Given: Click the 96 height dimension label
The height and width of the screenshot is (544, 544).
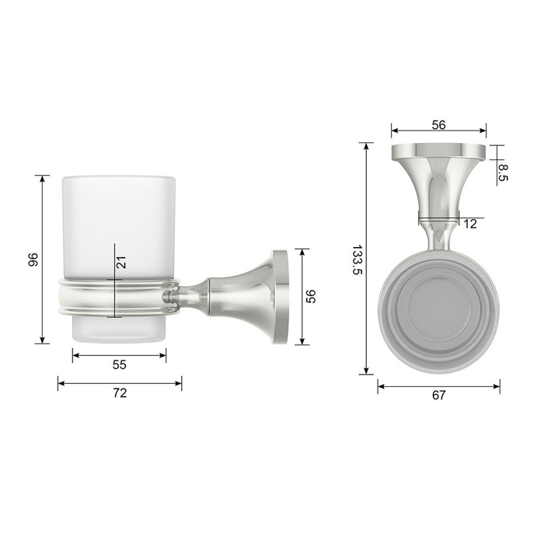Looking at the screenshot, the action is pyautogui.click(x=33, y=260).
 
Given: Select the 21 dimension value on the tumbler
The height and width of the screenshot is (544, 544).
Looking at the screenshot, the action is pyautogui.click(x=121, y=263).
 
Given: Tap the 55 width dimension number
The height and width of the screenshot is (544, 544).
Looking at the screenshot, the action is pyautogui.click(x=120, y=364).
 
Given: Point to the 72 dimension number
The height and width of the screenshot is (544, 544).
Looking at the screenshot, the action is pyautogui.click(x=120, y=393).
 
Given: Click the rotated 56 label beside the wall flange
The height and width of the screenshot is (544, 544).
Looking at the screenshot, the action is pyautogui.click(x=311, y=297).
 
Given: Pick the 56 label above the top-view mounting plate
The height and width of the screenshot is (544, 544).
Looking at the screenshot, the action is pyautogui.click(x=438, y=125).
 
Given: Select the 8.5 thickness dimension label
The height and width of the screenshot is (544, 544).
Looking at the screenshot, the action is pyautogui.click(x=503, y=173).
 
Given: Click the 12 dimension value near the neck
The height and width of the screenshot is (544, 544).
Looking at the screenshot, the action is pyautogui.click(x=470, y=224).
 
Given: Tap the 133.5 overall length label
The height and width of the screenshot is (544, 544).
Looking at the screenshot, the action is pyautogui.click(x=357, y=260).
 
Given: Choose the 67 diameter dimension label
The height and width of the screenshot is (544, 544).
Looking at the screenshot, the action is pyautogui.click(x=438, y=395).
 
